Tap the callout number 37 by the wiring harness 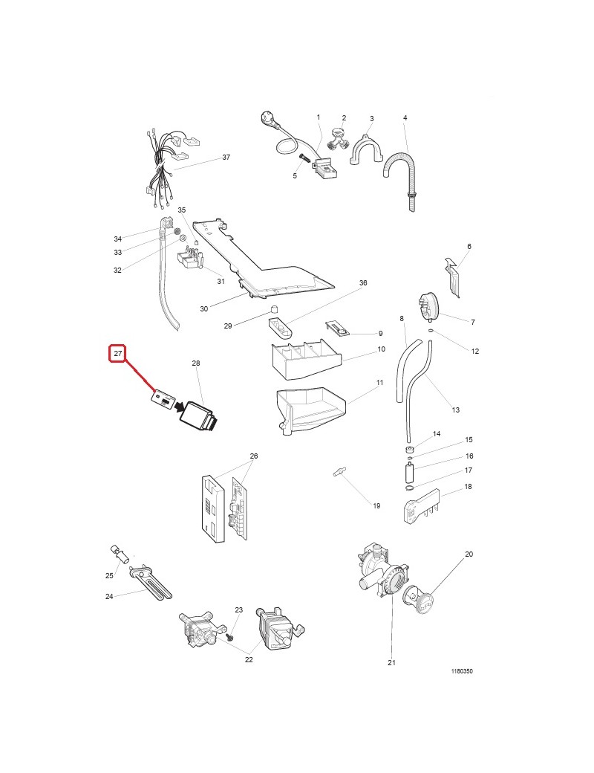pyautogui.click(x=226, y=158)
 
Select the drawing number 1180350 pyautogui.click(x=462, y=671)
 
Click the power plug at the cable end pyautogui.click(x=267, y=118)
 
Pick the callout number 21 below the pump pyautogui.click(x=391, y=663)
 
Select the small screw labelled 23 pyautogui.click(x=229, y=637)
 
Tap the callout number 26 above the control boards pyautogui.click(x=253, y=456)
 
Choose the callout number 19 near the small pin pyautogui.click(x=376, y=506)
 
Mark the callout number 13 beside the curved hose pyautogui.click(x=456, y=410)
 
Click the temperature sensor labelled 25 pyautogui.click(x=118, y=554)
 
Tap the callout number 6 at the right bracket pyautogui.click(x=469, y=246)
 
